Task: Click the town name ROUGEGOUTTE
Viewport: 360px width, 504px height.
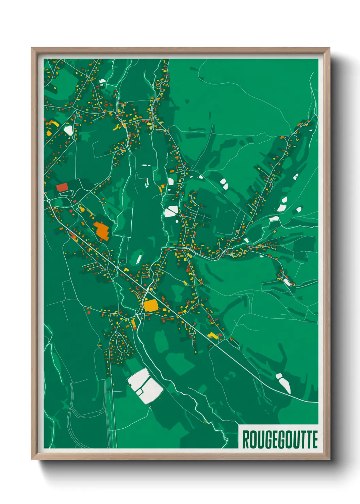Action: [x=280, y=439]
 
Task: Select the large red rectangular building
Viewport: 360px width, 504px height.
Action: [x=62, y=187]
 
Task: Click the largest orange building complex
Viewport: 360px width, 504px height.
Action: [x=101, y=231]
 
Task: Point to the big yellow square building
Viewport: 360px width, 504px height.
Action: [x=151, y=305]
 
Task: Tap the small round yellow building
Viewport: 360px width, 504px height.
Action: [x=82, y=209]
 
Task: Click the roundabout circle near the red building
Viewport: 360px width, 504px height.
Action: [x=49, y=201]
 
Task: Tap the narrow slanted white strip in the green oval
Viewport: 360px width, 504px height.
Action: [x=138, y=258]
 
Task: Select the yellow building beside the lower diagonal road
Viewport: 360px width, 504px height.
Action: [x=213, y=335]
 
